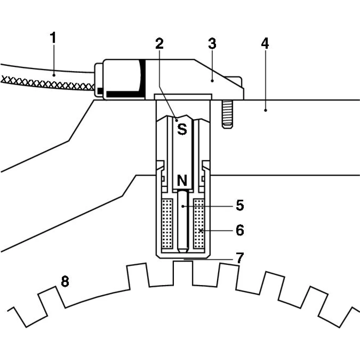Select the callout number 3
pos(212,44)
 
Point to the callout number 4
pos(265,43)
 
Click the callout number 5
pos(240,206)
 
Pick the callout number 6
pos(240,230)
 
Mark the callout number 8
pos(64,282)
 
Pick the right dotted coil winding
pos(199,223)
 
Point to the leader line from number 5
pos(209,206)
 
